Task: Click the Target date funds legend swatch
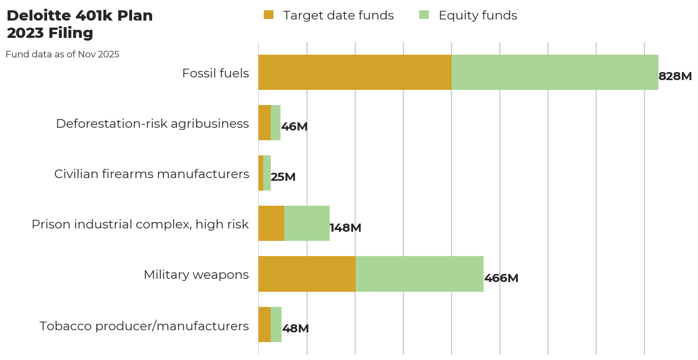pos(269,15)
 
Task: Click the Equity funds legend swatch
pos(424,15)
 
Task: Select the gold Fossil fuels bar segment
pos(355,72)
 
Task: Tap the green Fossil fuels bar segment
pos(555,72)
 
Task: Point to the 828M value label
pos(675,76)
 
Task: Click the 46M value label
pos(294,127)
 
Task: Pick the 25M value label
pos(283,177)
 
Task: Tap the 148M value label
pos(345,228)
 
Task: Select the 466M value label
pos(501,278)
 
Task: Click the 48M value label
pos(295,329)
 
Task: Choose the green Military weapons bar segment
pos(419,274)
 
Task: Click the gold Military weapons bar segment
pos(306,274)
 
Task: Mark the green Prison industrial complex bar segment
pos(306,223)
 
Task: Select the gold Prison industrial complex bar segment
pos(271,223)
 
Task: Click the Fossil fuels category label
pos(216,73)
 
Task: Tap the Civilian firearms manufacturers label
pos(152,174)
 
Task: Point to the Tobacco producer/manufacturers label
pos(144,326)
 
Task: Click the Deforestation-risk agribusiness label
pos(152,123)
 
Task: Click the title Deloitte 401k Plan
pos(80,16)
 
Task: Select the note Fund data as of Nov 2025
pos(62,54)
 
